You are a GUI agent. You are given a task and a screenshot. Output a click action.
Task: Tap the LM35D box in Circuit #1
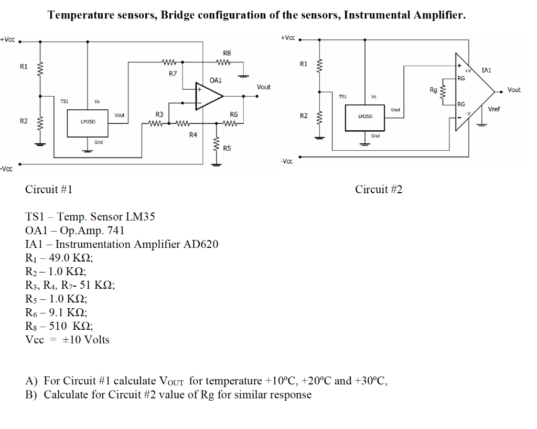point(88,121)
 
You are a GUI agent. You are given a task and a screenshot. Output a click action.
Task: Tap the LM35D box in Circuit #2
point(365,117)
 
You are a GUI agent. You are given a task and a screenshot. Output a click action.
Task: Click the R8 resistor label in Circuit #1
point(227,53)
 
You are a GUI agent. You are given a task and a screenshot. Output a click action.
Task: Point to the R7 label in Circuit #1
point(173,74)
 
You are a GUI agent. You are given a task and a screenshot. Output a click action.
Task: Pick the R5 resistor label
point(227,148)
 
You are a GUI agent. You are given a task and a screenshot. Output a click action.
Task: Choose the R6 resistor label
point(234,114)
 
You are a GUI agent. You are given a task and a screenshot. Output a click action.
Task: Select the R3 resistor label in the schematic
point(159,114)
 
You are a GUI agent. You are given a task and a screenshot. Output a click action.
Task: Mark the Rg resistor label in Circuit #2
point(433,90)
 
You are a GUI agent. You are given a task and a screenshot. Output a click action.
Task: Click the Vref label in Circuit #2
point(494,109)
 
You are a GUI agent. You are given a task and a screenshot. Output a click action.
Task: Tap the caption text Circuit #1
point(49,190)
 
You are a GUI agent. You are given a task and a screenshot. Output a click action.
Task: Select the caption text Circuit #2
point(379,190)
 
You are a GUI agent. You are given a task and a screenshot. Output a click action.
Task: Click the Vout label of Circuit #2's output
point(514,90)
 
